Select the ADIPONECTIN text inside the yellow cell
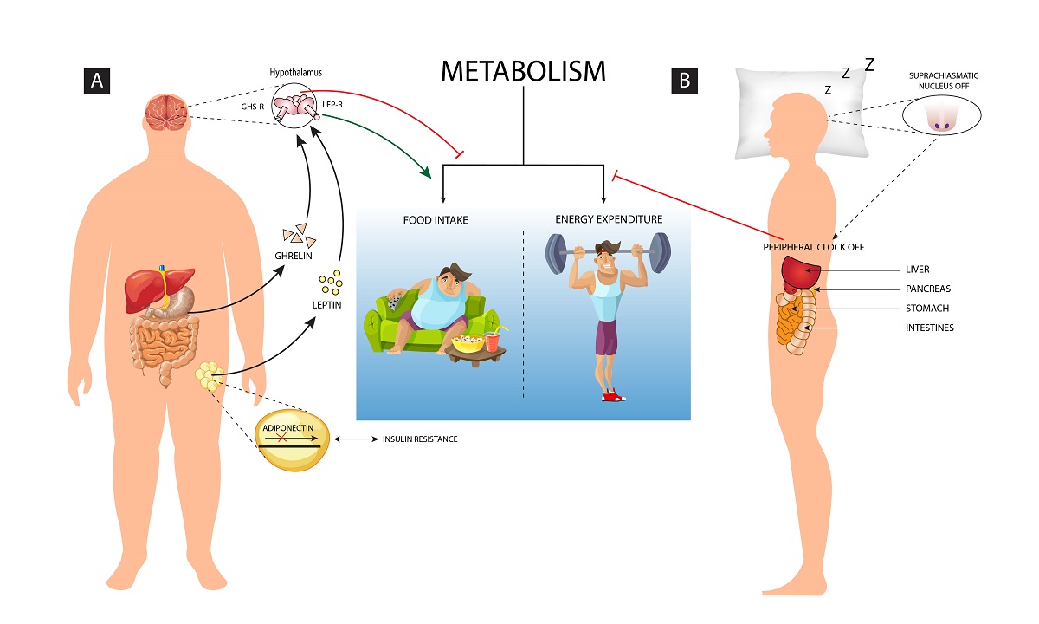click(290, 427)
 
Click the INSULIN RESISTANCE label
click(420, 439)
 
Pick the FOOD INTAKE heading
click(435, 220)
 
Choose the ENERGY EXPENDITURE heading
click(609, 219)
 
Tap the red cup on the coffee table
click(493, 341)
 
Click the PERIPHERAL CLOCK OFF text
click(813, 247)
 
